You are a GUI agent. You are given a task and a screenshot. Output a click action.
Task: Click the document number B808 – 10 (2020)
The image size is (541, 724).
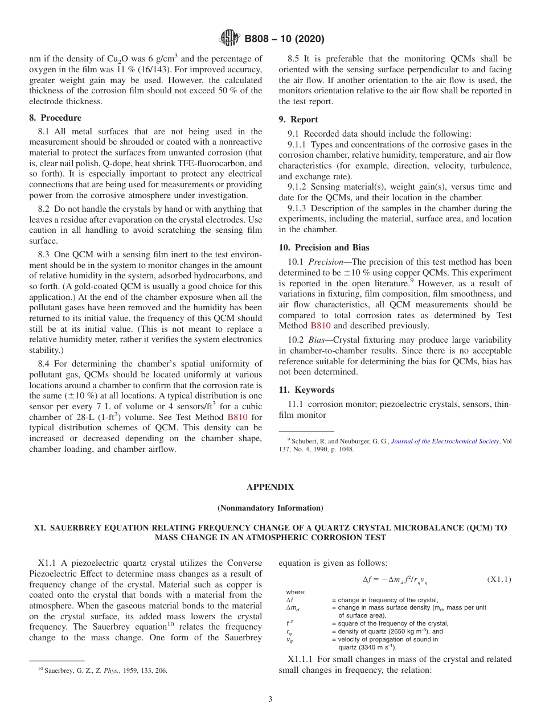coord(284,39)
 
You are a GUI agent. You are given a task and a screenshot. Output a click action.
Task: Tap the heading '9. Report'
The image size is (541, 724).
coord(298,120)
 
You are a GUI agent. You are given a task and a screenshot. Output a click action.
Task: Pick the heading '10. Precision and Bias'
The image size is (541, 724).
coord(323,248)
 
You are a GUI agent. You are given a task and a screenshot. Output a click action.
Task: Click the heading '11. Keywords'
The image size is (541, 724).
coord(306,390)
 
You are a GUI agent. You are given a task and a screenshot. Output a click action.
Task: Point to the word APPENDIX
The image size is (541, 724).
coord(270,487)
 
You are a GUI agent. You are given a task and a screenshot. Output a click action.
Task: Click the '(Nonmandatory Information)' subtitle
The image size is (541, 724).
coord(270,508)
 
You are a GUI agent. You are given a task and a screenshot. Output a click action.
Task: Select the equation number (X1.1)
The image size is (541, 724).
coord(499,579)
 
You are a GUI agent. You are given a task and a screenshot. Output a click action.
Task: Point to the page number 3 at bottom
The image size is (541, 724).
coord(270,700)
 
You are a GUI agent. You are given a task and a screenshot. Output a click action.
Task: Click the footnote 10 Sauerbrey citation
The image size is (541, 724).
coord(103,670)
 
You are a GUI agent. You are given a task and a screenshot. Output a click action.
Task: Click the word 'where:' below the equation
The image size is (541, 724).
coord(296,592)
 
